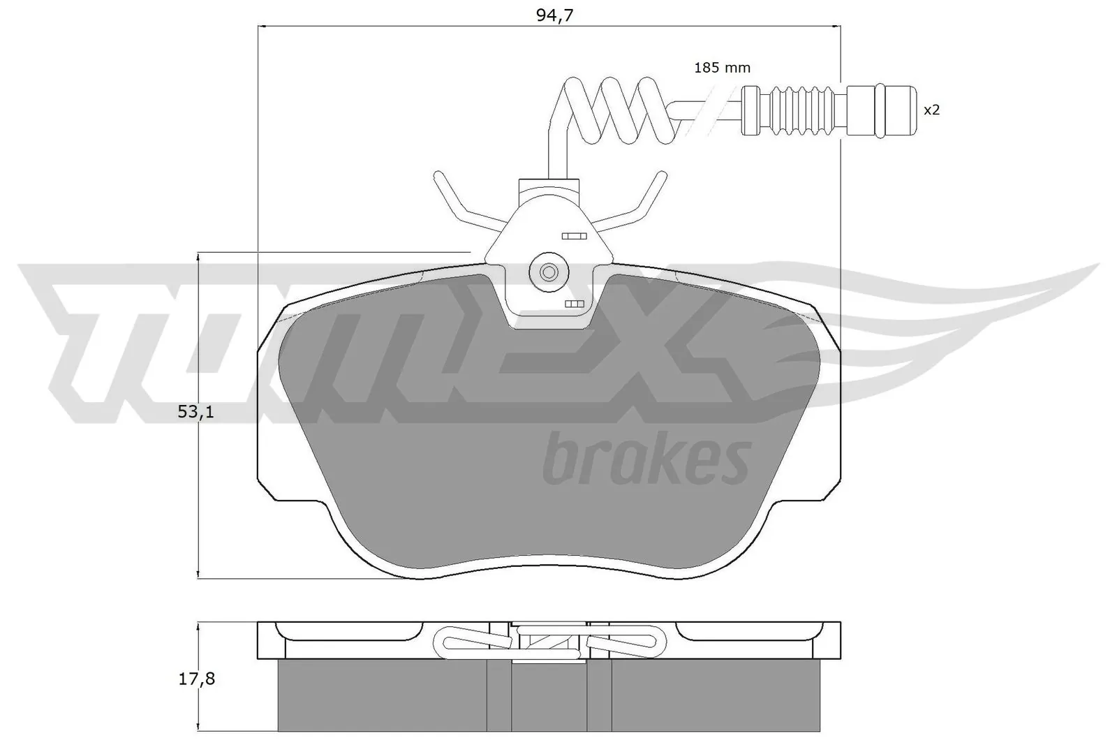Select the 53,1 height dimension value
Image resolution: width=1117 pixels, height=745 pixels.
195,412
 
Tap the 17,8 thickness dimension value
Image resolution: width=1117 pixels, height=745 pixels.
196,678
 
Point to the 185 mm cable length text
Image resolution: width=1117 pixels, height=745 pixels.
722,68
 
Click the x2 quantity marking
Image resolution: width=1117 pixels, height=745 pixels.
932,110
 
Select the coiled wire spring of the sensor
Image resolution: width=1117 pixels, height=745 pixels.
614,108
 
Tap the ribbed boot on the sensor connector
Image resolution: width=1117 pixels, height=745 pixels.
803,110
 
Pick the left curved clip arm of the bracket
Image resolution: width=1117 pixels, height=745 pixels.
461,202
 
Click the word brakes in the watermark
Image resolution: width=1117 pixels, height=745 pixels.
646,458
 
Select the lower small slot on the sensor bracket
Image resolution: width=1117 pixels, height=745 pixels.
574,304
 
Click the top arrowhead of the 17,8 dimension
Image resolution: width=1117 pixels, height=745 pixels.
200,626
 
